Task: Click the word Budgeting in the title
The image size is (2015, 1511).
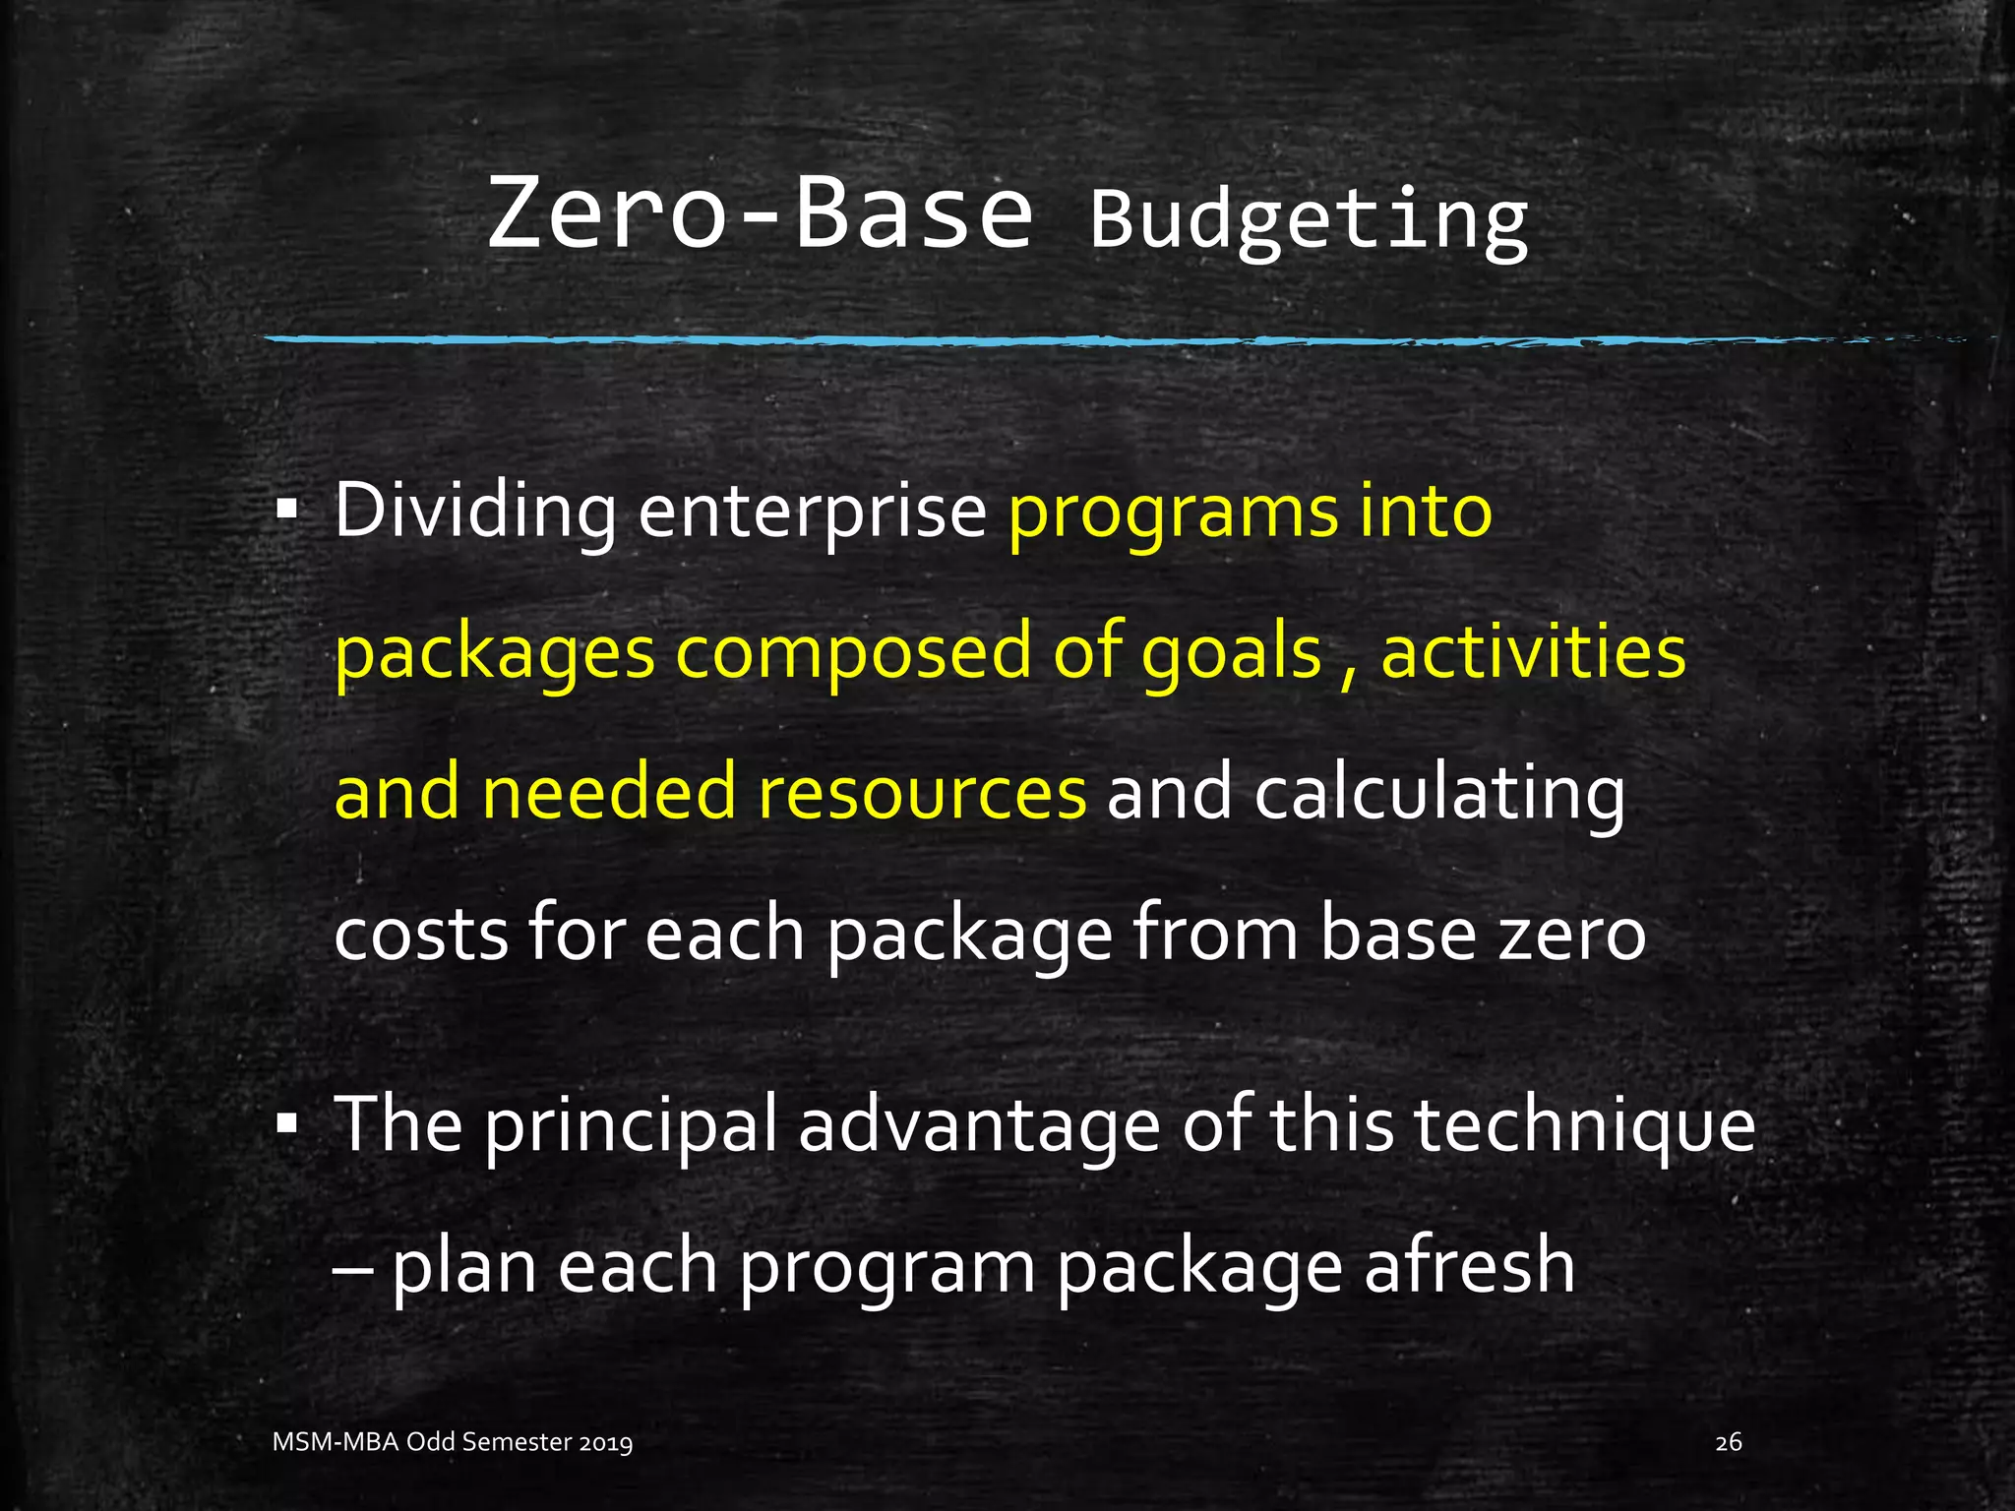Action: pyautogui.click(x=1309, y=220)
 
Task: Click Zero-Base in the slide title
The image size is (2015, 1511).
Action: pyautogui.click(x=760, y=212)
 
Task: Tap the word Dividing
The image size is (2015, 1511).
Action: pyautogui.click(x=475, y=512)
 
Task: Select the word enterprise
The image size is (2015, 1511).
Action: pyautogui.click(x=812, y=512)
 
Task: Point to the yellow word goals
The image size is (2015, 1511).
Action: pyautogui.click(x=1231, y=653)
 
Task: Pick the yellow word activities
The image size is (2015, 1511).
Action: pyautogui.click(x=1533, y=653)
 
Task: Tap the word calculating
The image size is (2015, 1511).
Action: pyautogui.click(x=1439, y=793)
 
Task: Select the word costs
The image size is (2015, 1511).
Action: pyautogui.click(x=420, y=934)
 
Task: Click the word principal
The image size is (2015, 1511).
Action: pyautogui.click(x=631, y=1125)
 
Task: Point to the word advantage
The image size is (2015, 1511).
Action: pyautogui.click(x=979, y=1125)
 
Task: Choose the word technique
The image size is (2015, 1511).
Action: pyautogui.click(x=1584, y=1125)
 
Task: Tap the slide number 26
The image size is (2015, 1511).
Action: pyautogui.click(x=1728, y=1443)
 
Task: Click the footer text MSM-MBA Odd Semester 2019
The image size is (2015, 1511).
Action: pyautogui.click(x=453, y=1443)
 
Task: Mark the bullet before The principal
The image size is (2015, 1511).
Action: pyautogui.click(x=287, y=1123)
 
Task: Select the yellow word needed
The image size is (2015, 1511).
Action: pyautogui.click(x=608, y=793)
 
